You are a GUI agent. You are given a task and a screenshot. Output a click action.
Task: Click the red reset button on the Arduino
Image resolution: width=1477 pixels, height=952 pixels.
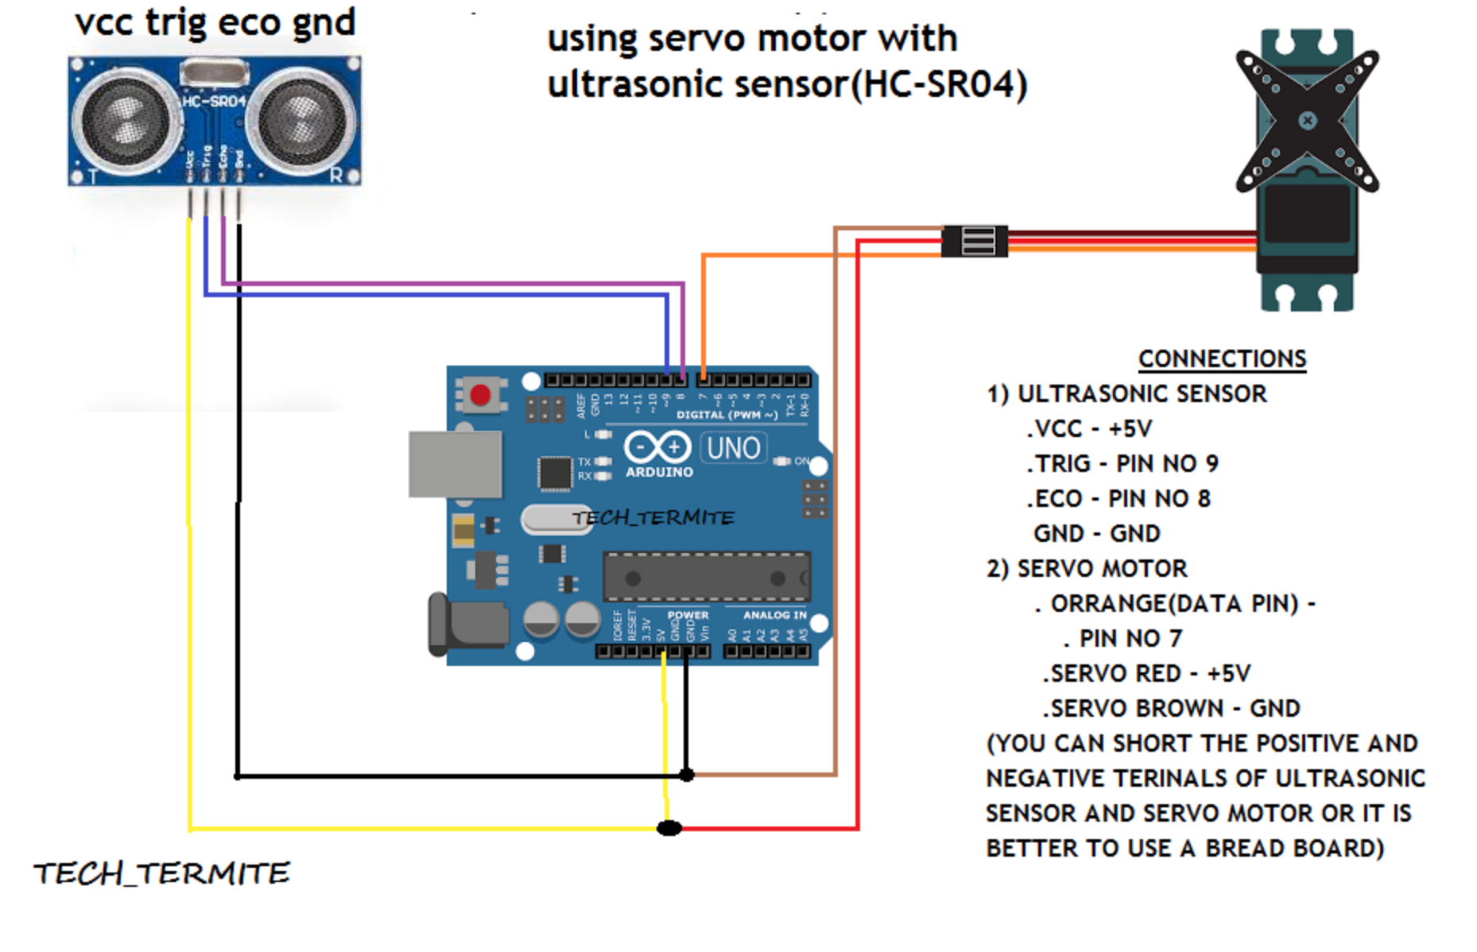pyautogui.click(x=480, y=395)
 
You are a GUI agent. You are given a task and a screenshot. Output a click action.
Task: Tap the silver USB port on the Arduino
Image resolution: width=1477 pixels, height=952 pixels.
pyautogui.click(x=455, y=464)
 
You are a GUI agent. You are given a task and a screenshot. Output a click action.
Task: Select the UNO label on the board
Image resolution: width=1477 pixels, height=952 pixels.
pyautogui.click(x=733, y=449)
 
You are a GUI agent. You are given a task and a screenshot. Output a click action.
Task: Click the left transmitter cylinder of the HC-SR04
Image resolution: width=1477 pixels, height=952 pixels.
pyautogui.click(x=125, y=121)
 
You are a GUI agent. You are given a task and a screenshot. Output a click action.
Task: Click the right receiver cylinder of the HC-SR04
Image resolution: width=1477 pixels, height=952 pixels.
pyautogui.click(x=300, y=121)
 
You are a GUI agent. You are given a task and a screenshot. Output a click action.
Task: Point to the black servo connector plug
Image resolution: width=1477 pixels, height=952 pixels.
pyautogui.click(x=975, y=241)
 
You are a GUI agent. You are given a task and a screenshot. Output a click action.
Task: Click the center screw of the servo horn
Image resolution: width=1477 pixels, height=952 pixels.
pyautogui.click(x=1307, y=121)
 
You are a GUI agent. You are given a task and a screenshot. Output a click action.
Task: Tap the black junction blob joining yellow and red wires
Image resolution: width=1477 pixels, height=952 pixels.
pyautogui.click(x=669, y=829)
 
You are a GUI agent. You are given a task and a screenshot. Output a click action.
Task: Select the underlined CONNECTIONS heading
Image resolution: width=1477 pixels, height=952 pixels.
pyautogui.click(x=1222, y=359)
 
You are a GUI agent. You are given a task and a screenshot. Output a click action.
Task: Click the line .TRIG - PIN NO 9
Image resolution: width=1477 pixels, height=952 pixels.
pyautogui.click(x=1122, y=464)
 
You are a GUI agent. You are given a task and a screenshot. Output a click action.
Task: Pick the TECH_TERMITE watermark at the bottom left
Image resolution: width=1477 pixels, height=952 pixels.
pyautogui.click(x=161, y=874)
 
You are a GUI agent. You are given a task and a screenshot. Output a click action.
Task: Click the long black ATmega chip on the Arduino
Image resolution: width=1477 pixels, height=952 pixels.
pyautogui.click(x=706, y=578)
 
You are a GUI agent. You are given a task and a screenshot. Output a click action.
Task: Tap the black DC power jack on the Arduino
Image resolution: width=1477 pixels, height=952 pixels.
pyautogui.click(x=469, y=625)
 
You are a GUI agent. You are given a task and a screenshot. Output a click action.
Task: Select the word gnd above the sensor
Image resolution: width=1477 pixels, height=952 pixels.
pyautogui.click(x=323, y=22)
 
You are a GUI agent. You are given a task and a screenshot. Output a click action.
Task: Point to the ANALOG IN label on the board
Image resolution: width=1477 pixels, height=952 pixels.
pyautogui.click(x=774, y=615)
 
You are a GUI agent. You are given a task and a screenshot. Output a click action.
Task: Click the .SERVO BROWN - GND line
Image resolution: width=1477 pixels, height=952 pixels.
pyautogui.click(x=1171, y=709)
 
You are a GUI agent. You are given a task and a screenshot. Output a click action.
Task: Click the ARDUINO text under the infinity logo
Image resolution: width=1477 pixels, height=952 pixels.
pyautogui.click(x=659, y=472)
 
